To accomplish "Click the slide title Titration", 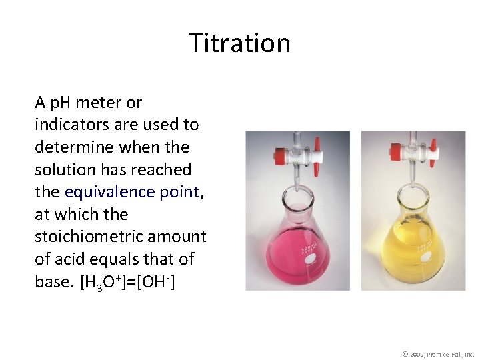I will pyautogui.click(x=239, y=43).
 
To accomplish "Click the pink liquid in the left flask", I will pyautogui.click(x=293, y=257).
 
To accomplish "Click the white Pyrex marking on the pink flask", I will pyautogui.click(x=308, y=251).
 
